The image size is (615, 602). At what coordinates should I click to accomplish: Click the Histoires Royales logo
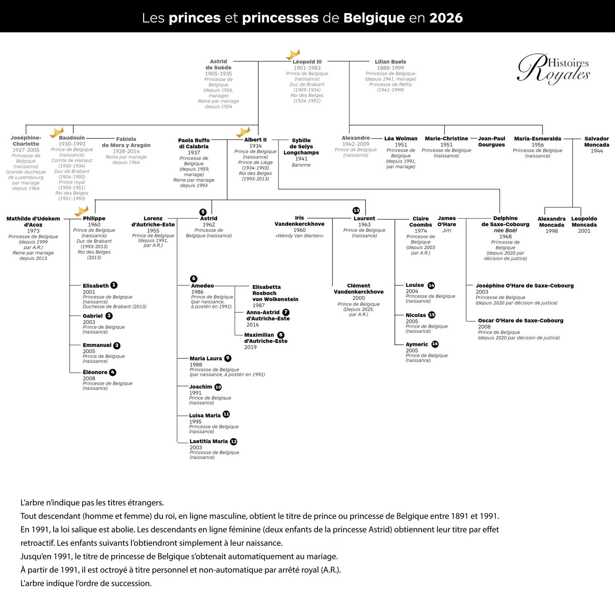point(553,68)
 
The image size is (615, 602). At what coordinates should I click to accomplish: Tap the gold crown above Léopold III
point(293,54)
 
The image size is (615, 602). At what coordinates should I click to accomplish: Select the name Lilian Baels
point(390,62)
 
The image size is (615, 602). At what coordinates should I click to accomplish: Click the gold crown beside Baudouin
point(57,132)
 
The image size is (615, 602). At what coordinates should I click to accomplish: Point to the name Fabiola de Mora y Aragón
point(126,142)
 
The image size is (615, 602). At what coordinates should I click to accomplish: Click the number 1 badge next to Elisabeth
point(114,285)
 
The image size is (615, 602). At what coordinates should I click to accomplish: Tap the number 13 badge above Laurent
point(356,210)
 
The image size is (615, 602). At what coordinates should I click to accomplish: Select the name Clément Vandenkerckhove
point(358,288)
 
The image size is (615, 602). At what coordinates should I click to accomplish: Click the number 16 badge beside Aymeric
point(435,344)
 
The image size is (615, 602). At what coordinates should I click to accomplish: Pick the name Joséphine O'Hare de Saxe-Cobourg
point(525,285)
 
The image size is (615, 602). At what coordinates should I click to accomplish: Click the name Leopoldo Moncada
point(584,222)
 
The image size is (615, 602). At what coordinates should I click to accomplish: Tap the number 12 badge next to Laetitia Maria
point(234,441)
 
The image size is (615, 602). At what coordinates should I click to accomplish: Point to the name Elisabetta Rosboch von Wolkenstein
point(275,293)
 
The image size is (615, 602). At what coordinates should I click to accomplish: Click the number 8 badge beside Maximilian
point(281,335)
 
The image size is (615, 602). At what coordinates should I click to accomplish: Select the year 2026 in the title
point(446,18)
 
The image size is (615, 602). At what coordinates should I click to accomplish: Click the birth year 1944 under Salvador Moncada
point(597,151)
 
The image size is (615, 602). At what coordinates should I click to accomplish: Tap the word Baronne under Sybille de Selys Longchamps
point(301,165)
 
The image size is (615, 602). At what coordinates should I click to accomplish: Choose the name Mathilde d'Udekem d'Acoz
point(33,221)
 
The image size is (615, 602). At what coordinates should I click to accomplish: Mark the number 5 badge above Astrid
point(203,212)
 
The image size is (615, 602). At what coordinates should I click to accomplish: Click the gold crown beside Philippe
point(81,211)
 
